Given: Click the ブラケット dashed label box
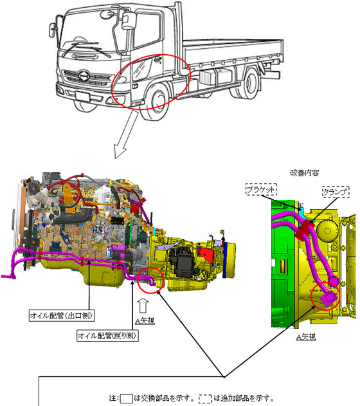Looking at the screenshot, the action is point(261,190).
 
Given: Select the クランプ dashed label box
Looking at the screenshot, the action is point(336,192).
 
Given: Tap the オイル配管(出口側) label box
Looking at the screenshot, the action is point(62,315).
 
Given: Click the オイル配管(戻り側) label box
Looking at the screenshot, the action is point(107,335).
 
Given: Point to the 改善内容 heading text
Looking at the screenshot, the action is point(305,173).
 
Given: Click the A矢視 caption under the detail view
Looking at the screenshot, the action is point(306,337).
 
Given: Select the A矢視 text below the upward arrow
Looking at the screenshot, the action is point(145,321).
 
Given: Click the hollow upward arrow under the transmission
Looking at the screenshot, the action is point(143,306).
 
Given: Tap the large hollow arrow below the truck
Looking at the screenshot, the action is point(127,134).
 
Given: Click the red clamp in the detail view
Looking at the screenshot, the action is point(303,229).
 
